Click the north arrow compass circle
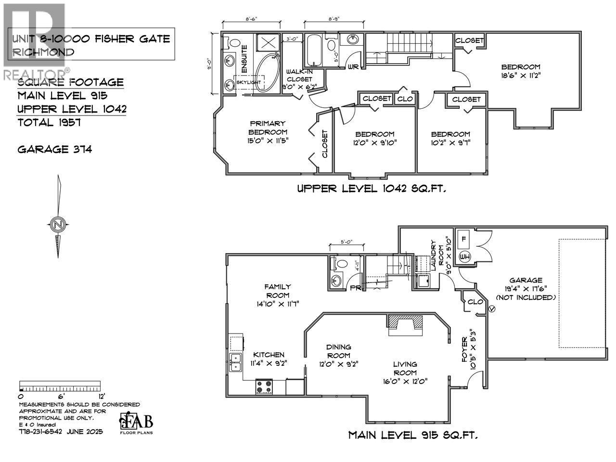pyautogui.click(x=58, y=224)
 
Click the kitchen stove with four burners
pyautogui.click(x=264, y=386)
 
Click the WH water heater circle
pyautogui.click(x=465, y=256)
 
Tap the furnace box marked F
pyautogui.click(x=464, y=238)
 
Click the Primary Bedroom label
pyautogui.click(x=268, y=128)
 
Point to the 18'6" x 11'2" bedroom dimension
pyautogui.click(x=521, y=76)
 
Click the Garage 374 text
pyautogui.click(x=54, y=149)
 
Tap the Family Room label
pyautogui.click(x=277, y=291)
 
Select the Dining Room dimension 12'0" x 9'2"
pyautogui.click(x=338, y=364)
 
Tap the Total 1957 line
pyautogui.click(x=49, y=122)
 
